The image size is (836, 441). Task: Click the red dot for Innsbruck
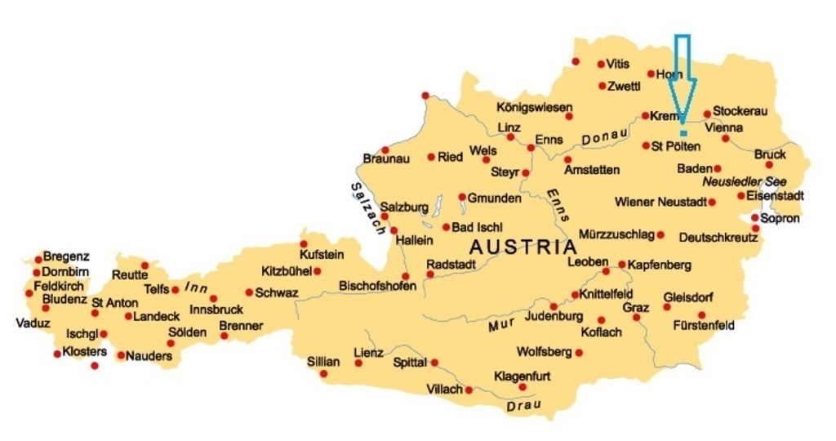tap(214, 298)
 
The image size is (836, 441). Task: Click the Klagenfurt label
tap(522, 376)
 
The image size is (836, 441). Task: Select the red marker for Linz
tap(511, 137)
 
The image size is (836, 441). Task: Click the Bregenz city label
tap(66, 256)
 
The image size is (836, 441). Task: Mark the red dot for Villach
tap(469, 390)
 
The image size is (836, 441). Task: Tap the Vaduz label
tap(33, 323)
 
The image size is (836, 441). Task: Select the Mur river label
tap(504, 325)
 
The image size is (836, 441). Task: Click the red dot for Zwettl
tap(603, 86)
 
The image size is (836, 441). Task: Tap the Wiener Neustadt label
tap(660, 202)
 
